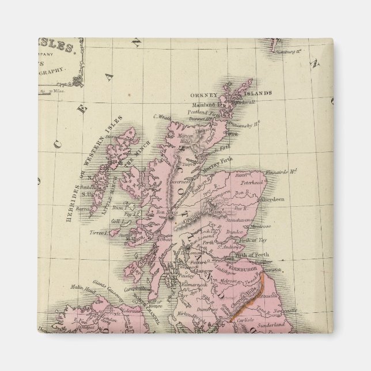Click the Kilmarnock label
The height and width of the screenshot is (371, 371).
click(192, 286)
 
